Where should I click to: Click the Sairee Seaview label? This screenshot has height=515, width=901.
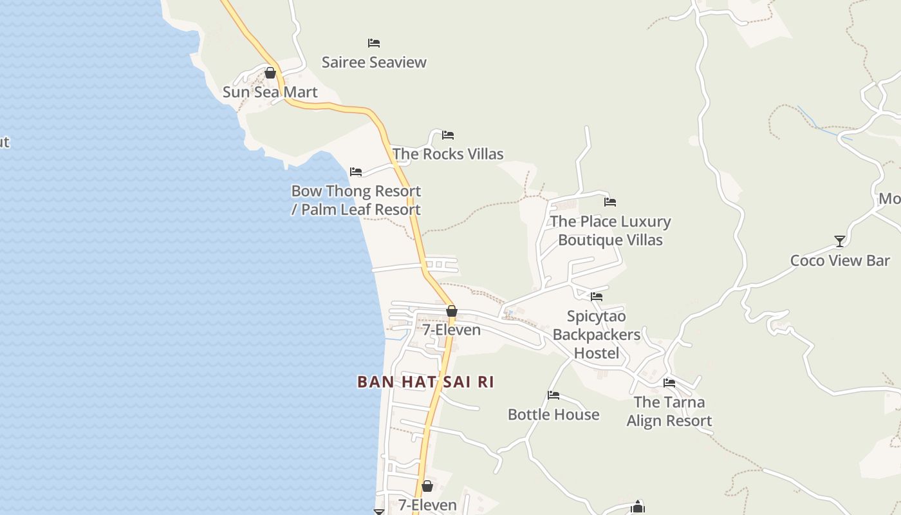(374, 62)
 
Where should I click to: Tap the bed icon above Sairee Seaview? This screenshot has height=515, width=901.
(374, 43)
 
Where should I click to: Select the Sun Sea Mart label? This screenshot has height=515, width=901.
(270, 92)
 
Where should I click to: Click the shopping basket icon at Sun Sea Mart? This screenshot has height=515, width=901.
(270, 73)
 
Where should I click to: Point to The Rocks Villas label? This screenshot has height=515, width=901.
(448, 154)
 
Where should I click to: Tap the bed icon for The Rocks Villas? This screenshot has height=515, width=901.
(448, 135)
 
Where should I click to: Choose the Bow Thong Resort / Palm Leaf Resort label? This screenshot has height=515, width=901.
(356, 200)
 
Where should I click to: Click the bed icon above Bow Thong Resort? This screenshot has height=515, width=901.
(356, 172)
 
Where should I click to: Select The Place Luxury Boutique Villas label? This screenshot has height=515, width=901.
(610, 230)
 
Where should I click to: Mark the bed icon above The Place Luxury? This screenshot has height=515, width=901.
(610, 202)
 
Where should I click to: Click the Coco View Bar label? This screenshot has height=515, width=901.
(840, 261)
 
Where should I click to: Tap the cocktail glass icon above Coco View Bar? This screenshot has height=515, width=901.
(840, 241)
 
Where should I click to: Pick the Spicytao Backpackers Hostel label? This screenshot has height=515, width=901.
(597, 335)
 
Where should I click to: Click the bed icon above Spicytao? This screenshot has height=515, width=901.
(597, 297)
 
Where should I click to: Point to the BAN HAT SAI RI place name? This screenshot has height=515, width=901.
(425, 382)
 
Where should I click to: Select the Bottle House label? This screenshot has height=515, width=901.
(553, 415)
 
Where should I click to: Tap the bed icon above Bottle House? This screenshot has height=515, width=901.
(553, 395)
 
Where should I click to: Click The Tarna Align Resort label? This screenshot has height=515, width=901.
(669, 411)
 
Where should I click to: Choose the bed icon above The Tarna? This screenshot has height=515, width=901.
(669, 383)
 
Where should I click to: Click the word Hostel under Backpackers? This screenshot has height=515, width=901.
(597, 353)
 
